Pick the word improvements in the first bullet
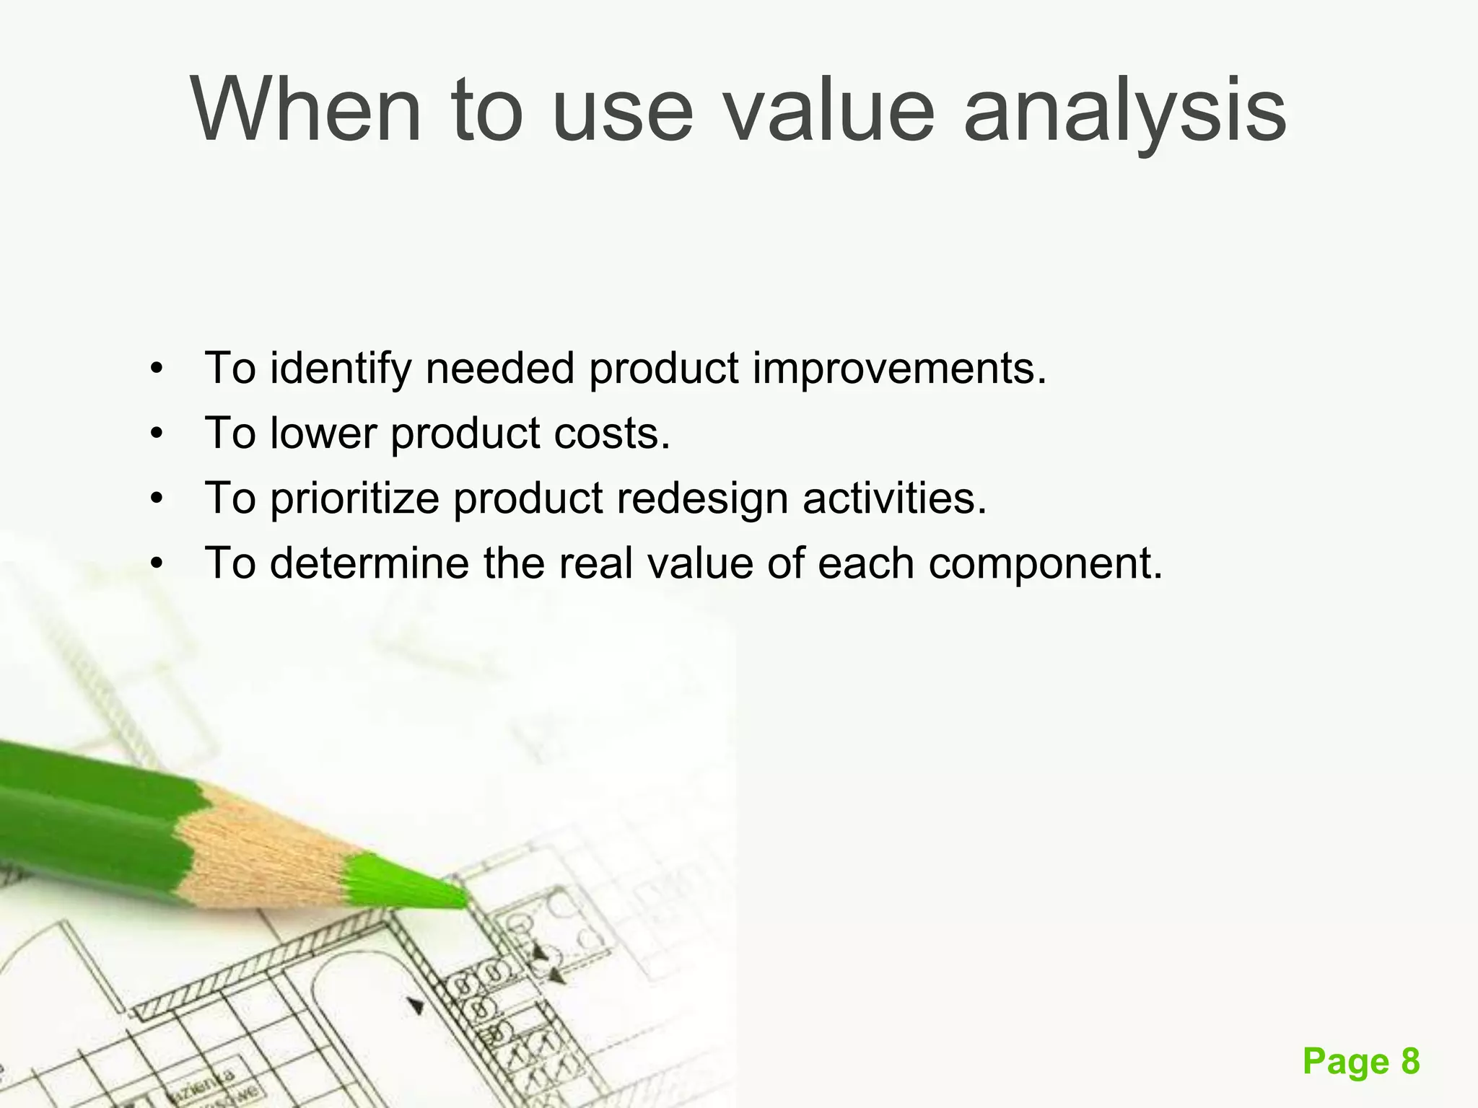click(899, 369)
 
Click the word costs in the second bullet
click(612, 434)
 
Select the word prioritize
click(354, 498)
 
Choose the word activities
click(894, 498)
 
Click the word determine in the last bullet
click(369, 563)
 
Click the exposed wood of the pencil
click(267, 851)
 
